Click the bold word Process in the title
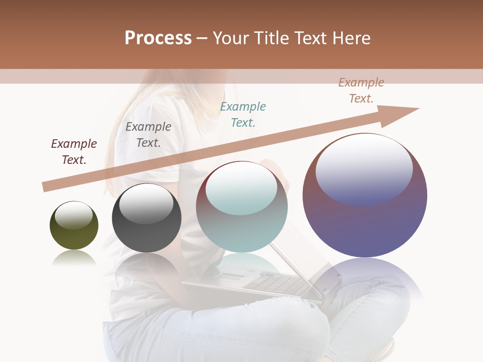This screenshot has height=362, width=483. [x=158, y=38]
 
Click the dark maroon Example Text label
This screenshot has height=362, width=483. [x=74, y=152]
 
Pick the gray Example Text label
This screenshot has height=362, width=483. [x=148, y=135]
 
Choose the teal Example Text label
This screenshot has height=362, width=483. [x=243, y=114]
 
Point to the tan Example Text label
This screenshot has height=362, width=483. [x=361, y=90]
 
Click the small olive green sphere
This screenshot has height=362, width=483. [x=74, y=234]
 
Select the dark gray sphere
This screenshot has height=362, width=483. [x=146, y=236]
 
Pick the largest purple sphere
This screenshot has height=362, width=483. [x=365, y=221]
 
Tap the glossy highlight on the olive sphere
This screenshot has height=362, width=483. [x=74, y=216]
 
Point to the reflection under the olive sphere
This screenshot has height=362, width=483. [x=74, y=258]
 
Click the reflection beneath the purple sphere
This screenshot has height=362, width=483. [x=365, y=277]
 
